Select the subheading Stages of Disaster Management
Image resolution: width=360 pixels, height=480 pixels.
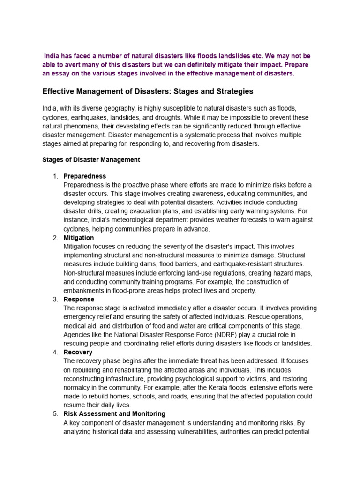pyautogui.click(x=91, y=159)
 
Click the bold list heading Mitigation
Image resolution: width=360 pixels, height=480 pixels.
pyautogui.click(x=78, y=238)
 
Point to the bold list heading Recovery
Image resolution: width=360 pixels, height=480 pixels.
pyautogui.click(x=78, y=352)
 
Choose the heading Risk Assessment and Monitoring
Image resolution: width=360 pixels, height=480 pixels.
pyautogui.click(x=114, y=414)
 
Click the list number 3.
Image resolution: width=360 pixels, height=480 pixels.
pyautogui.click(x=55, y=299)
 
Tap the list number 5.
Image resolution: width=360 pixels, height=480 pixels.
pyautogui.click(x=55, y=414)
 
